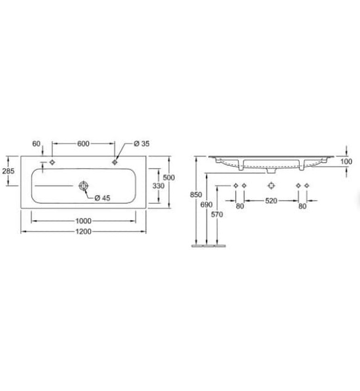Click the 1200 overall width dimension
pos(83,231)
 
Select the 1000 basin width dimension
pos(83,221)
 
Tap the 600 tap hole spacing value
pos(83,144)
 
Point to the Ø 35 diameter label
pos(142,144)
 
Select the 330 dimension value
pos(159,185)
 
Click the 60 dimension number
pos(37,144)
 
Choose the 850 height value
pos(195,195)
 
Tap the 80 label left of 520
pos(239,206)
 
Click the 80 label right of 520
pos(302,206)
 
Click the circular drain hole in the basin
pos(84,185)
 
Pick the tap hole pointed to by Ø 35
pos(115,162)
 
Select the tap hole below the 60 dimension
pos(52,162)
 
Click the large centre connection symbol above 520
pos(271,185)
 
